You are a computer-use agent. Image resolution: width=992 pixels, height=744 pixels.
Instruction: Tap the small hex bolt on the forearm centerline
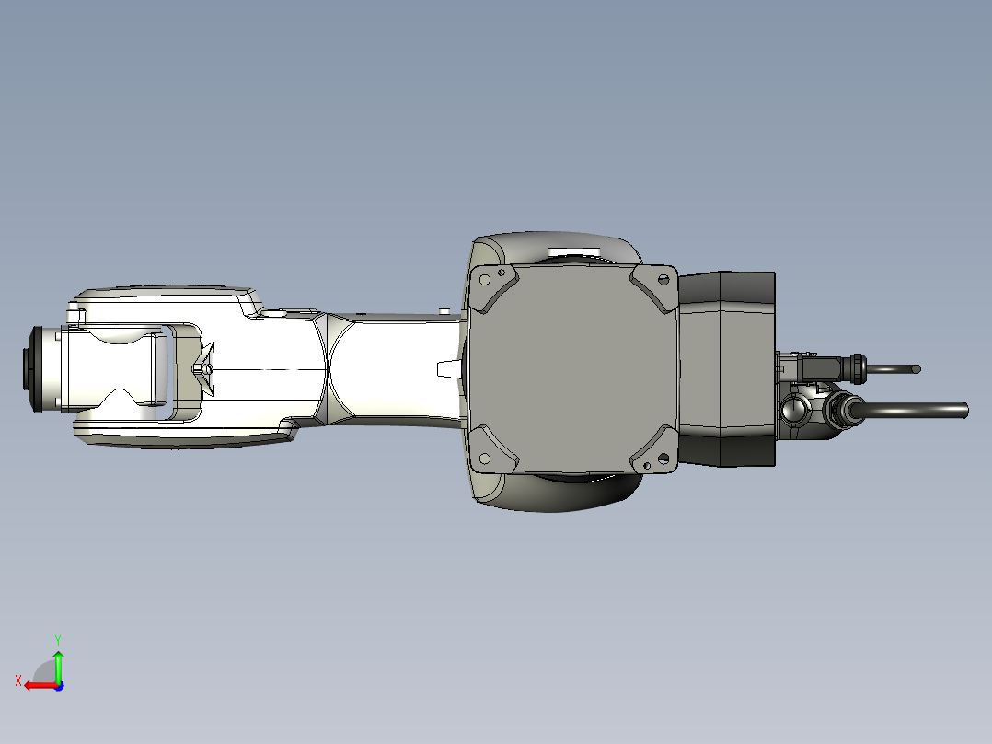pyautogui.click(x=198, y=368)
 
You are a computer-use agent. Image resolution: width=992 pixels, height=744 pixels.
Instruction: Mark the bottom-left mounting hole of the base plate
pyautogui.click(x=485, y=458)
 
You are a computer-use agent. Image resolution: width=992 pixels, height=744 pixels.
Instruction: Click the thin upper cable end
pyautogui.click(x=916, y=369)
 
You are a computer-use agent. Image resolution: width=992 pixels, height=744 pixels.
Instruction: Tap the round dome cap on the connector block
pyautogui.click(x=792, y=408)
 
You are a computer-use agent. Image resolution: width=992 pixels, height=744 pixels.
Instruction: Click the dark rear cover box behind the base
pyautogui.click(x=727, y=368)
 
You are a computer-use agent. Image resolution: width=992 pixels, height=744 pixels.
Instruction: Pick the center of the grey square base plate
pyautogui.click(x=572, y=368)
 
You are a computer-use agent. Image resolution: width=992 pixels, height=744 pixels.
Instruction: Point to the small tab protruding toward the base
pyautogui.click(x=447, y=368)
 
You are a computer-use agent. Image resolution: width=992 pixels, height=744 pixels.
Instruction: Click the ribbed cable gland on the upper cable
pyautogui.click(x=858, y=368)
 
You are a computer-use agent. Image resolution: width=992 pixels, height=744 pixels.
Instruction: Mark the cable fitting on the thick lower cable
pyautogui.click(x=841, y=410)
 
